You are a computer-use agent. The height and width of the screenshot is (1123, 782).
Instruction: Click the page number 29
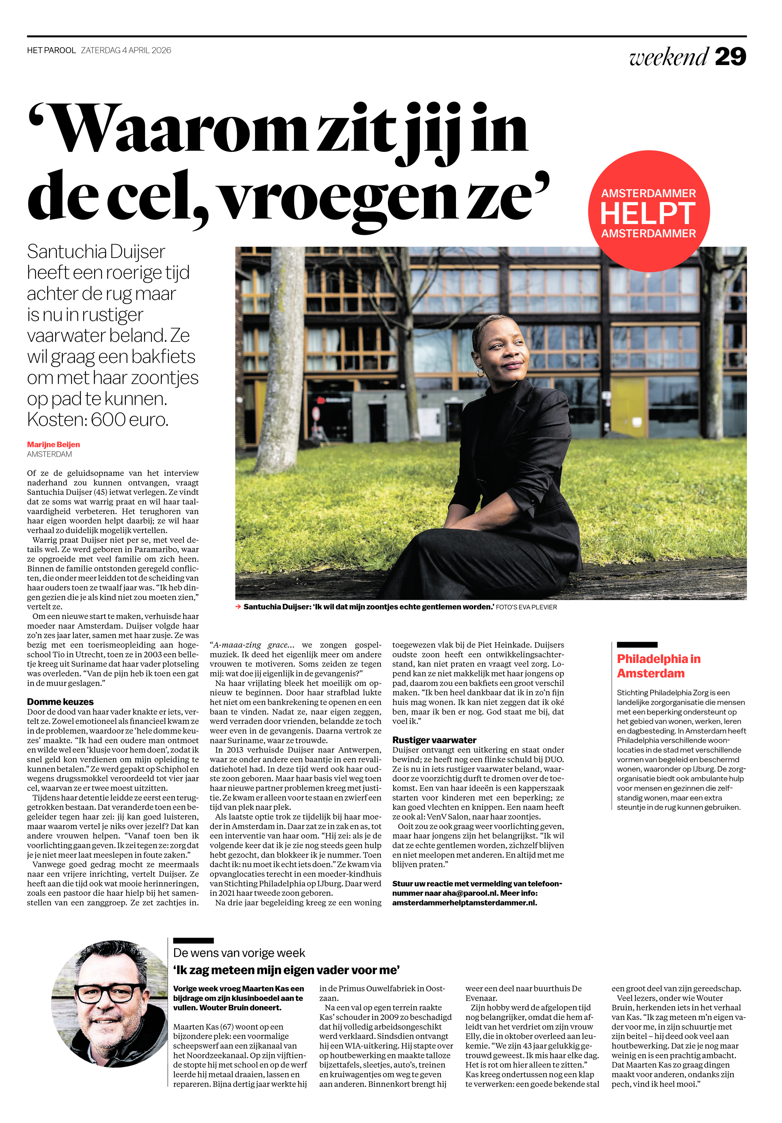pos(730,57)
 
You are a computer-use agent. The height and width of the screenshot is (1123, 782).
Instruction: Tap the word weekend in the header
pos(668,57)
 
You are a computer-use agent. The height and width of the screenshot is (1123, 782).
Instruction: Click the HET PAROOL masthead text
pos(52,51)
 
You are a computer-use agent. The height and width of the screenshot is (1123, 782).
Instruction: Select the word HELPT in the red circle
pos(648,213)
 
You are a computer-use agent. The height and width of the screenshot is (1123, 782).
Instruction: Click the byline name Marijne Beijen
pos(53,444)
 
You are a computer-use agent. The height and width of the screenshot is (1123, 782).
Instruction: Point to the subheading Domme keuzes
pos(60,702)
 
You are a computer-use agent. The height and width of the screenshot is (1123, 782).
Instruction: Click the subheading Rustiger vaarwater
pos(434,740)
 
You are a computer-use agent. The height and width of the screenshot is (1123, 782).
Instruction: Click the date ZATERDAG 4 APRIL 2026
pos(126,51)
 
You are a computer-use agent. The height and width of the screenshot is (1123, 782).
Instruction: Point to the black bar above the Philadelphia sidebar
pos(637,645)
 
